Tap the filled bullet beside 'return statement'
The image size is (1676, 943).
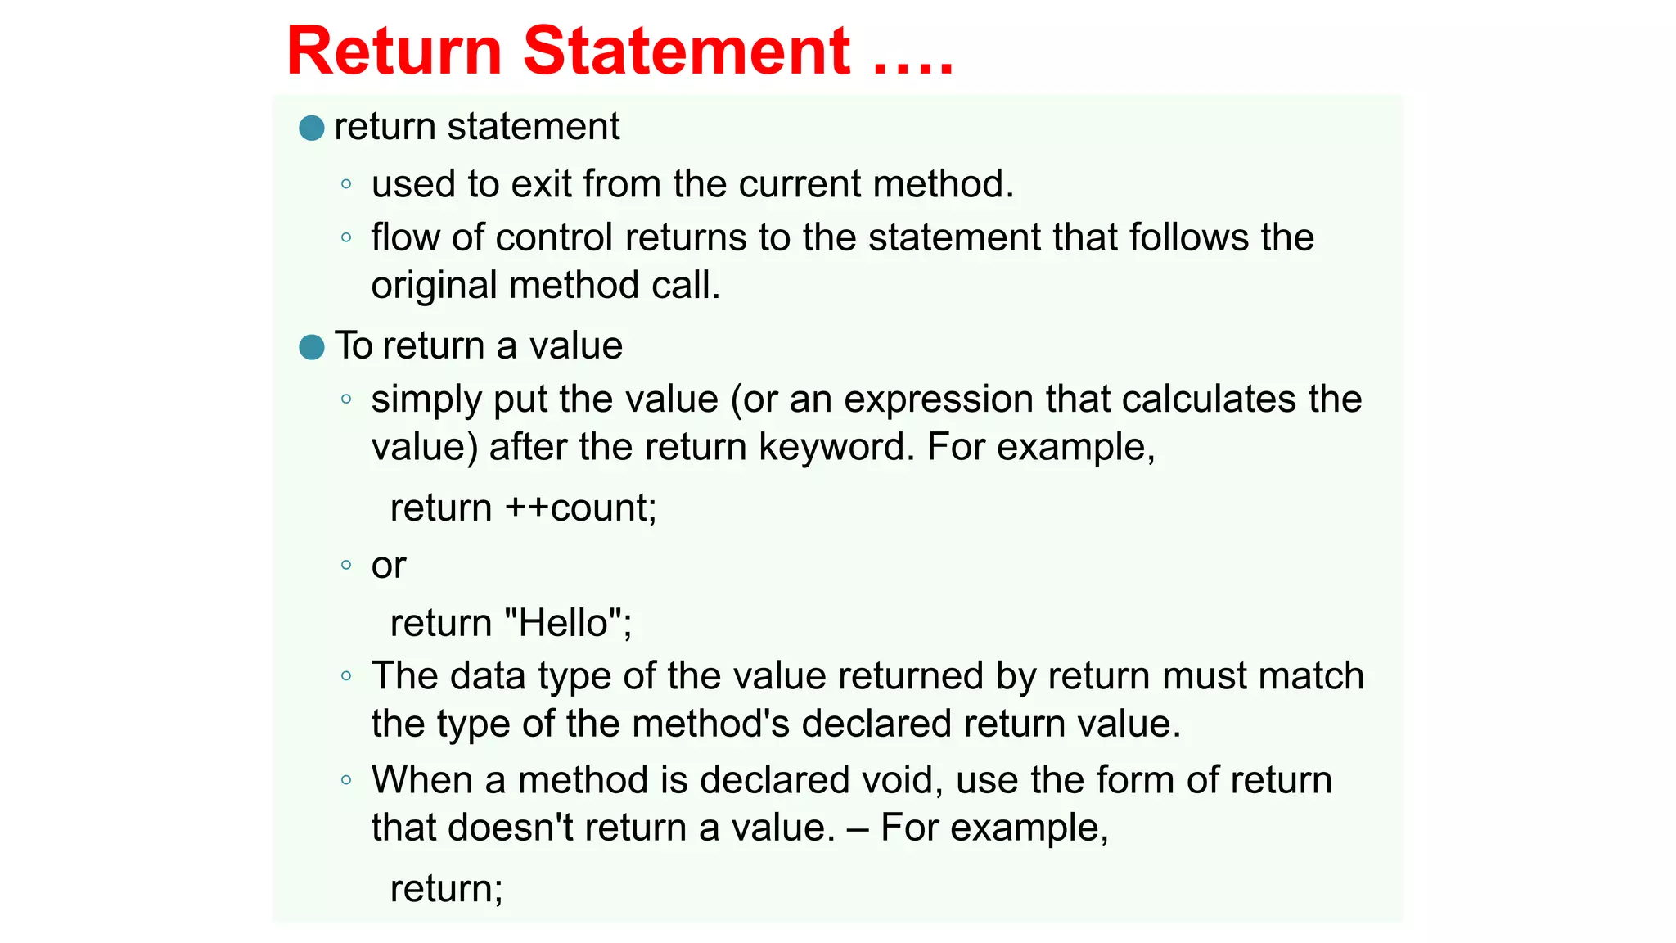pos(312,128)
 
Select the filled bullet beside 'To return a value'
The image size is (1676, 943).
pos(312,347)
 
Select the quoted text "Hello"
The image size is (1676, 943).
pos(566,623)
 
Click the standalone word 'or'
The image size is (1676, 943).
pos(389,566)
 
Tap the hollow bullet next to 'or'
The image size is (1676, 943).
pos(346,565)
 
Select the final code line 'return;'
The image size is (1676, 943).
pos(447,888)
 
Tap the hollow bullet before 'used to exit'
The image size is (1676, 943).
pos(346,184)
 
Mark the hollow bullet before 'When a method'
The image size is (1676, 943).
pos(346,779)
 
